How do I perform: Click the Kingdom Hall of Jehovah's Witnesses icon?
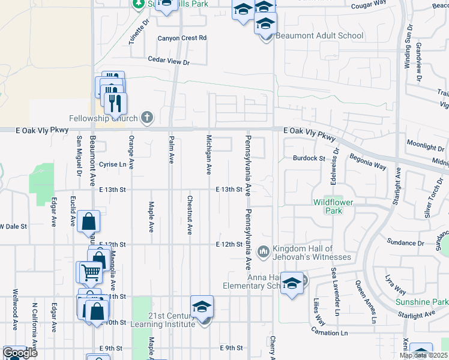pos(262,251)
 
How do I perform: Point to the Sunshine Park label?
pos(421,302)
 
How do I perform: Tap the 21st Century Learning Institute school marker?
pos(202,307)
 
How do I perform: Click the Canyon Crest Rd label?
pos(182,38)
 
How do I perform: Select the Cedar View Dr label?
pos(169,61)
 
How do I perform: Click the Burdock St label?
pos(309,158)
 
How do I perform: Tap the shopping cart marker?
pos(90,272)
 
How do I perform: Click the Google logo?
pos(20,353)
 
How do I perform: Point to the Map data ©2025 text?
pos(423,356)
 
